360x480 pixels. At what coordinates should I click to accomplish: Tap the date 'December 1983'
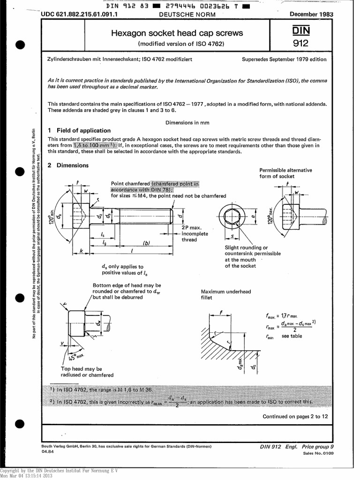(311, 14)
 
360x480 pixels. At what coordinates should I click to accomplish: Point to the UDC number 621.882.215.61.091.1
(79, 15)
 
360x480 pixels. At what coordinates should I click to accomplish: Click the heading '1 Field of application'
(79, 130)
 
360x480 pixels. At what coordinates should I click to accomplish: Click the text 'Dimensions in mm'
(187, 122)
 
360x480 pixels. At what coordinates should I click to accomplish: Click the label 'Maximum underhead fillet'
(225, 294)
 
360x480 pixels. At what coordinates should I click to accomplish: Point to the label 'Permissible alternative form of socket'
(285, 173)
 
